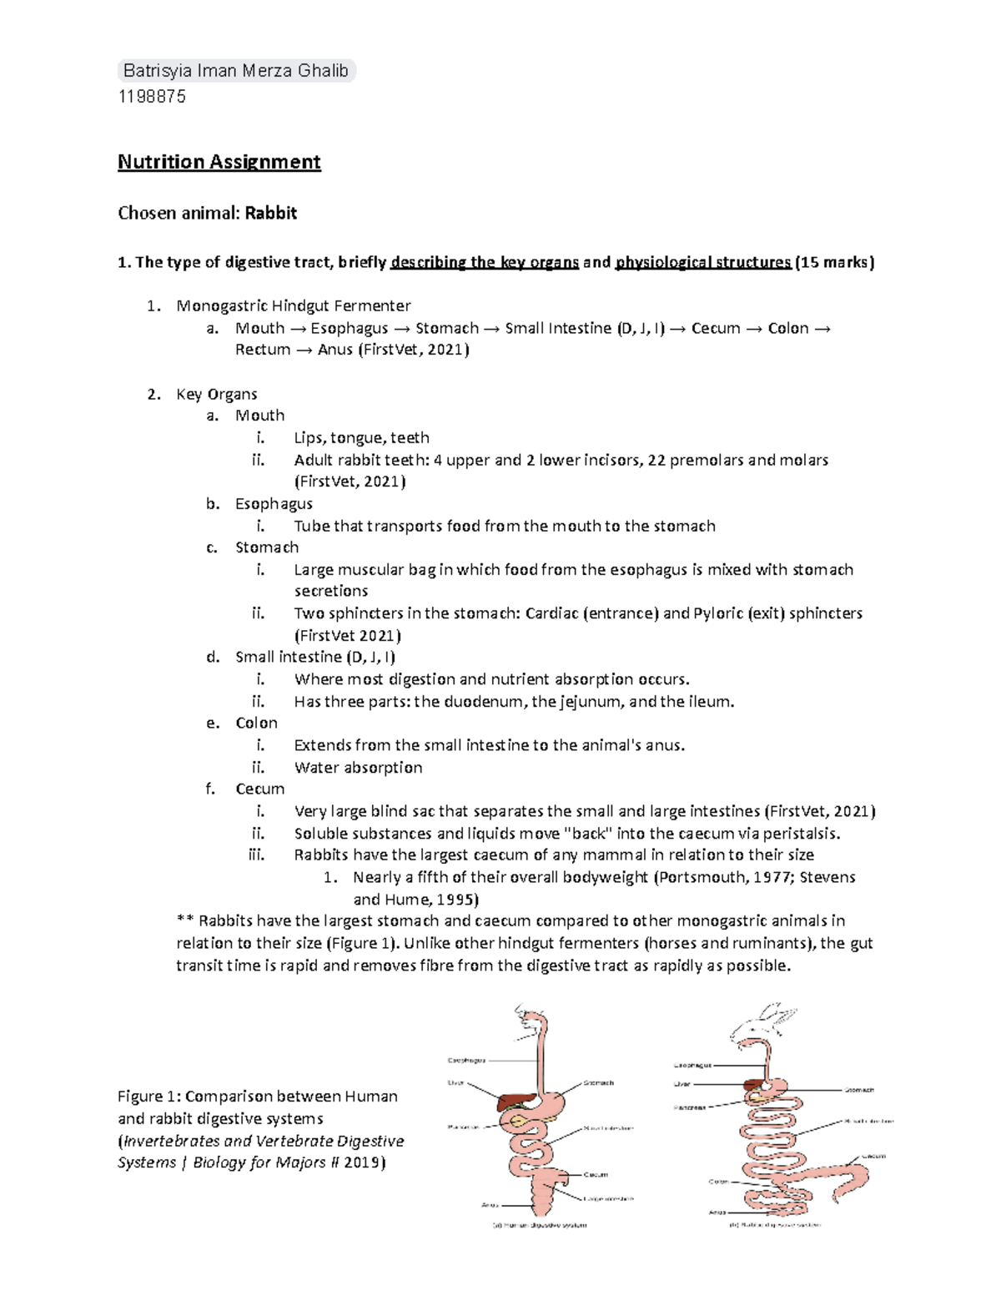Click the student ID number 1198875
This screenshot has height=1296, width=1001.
pyautogui.click(x=152, y=97)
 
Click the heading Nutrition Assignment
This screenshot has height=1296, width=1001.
pyautogui.click(x=219, y=162)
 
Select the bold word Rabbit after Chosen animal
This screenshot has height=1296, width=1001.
pyautogui.click(x=270, y=214)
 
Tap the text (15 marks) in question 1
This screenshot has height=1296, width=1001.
pyautogui.click(x=835, y=263)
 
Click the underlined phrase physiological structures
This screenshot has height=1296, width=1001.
pyautogui.click(x=702, y=263)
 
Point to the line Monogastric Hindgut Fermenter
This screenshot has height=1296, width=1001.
pyautogui.click(x=293, y=306)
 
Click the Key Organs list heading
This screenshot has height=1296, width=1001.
pyautogui.click(x=216, y=394)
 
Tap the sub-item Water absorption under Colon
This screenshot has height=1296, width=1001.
pyautogui.click(x=358, y=768)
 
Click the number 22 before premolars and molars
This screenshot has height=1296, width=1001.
pyautogui.click(x=656, y=460)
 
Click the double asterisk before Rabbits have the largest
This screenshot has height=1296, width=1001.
pyautogui.click(x=185, y=921)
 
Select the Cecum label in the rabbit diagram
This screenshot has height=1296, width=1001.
pyautogui.click(x=873, y=1156)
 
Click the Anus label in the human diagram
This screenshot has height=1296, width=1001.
pyautogui.click(x=490, y=1205)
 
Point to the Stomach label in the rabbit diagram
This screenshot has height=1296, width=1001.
pyautogui.click(x=858, y=1090)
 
